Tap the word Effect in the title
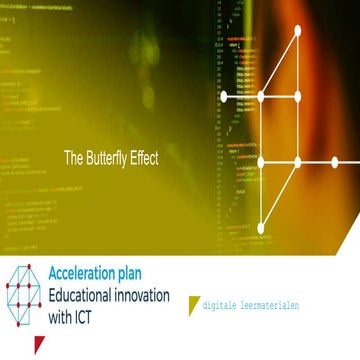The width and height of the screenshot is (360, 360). pos(143,157)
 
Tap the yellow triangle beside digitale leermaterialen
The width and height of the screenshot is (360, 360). pos(193,304)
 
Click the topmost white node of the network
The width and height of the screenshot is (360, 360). pos(297,29)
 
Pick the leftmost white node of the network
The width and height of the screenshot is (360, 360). pos(223,96)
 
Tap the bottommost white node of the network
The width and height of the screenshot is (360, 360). pos(262,228)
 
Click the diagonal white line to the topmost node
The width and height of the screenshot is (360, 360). pos(279,63)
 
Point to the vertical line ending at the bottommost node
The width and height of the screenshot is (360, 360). pos(262,200)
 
